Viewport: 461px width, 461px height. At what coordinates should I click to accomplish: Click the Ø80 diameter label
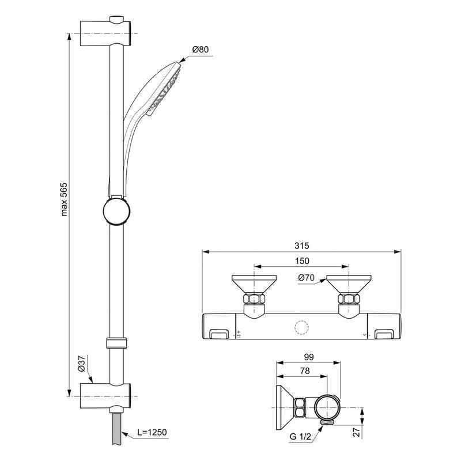pos(201,50)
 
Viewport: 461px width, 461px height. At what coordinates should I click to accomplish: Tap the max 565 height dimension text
pos(65,199)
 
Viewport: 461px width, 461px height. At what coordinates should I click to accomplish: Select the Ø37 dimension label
pos(81,364)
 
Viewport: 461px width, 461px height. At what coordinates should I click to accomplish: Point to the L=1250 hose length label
pos(153,432)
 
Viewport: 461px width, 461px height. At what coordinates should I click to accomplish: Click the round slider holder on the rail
pos(115,210)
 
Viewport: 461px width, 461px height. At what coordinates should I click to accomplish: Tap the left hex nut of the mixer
pos(254,300)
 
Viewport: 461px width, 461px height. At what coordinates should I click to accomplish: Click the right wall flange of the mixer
pos(348,284)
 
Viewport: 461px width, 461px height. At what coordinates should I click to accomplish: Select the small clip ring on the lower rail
pos(116,343)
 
